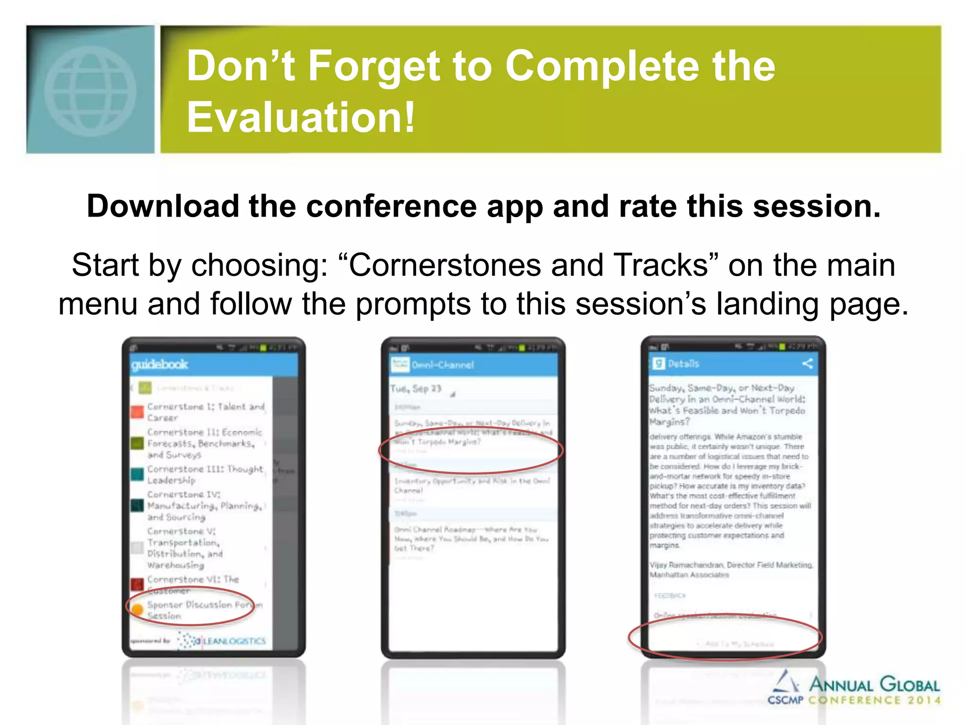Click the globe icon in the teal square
click(x=90, y=90)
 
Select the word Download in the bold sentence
click(x=163, y=206)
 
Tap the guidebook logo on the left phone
click(x=159, y=364)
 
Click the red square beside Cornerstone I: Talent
click(x=137, y=412)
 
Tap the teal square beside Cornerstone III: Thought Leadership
click(x=137, y=474)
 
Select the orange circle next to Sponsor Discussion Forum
click(x=137, y=609)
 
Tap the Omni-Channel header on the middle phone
click(x=442, y=365)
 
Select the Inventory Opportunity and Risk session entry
click(x=472, y=485)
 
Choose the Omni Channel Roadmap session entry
click(x=472, y=539)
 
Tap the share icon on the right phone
click(x=807, y=363)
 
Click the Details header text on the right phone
click(x=683, y=363)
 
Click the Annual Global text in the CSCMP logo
click(x=874, y=684)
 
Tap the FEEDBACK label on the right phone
click(x=670, y=596)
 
